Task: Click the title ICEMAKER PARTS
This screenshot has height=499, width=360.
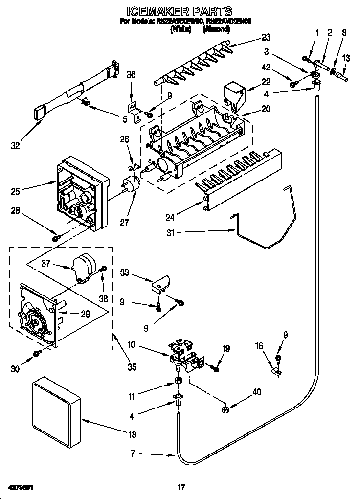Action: tap(180, 11)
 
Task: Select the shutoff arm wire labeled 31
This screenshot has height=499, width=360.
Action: tap(259, 235)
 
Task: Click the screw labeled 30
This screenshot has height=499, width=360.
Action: tap(36, 353)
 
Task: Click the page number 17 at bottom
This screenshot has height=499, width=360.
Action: tap(180, 487)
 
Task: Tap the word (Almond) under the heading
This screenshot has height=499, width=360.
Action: tap(216, 29)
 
